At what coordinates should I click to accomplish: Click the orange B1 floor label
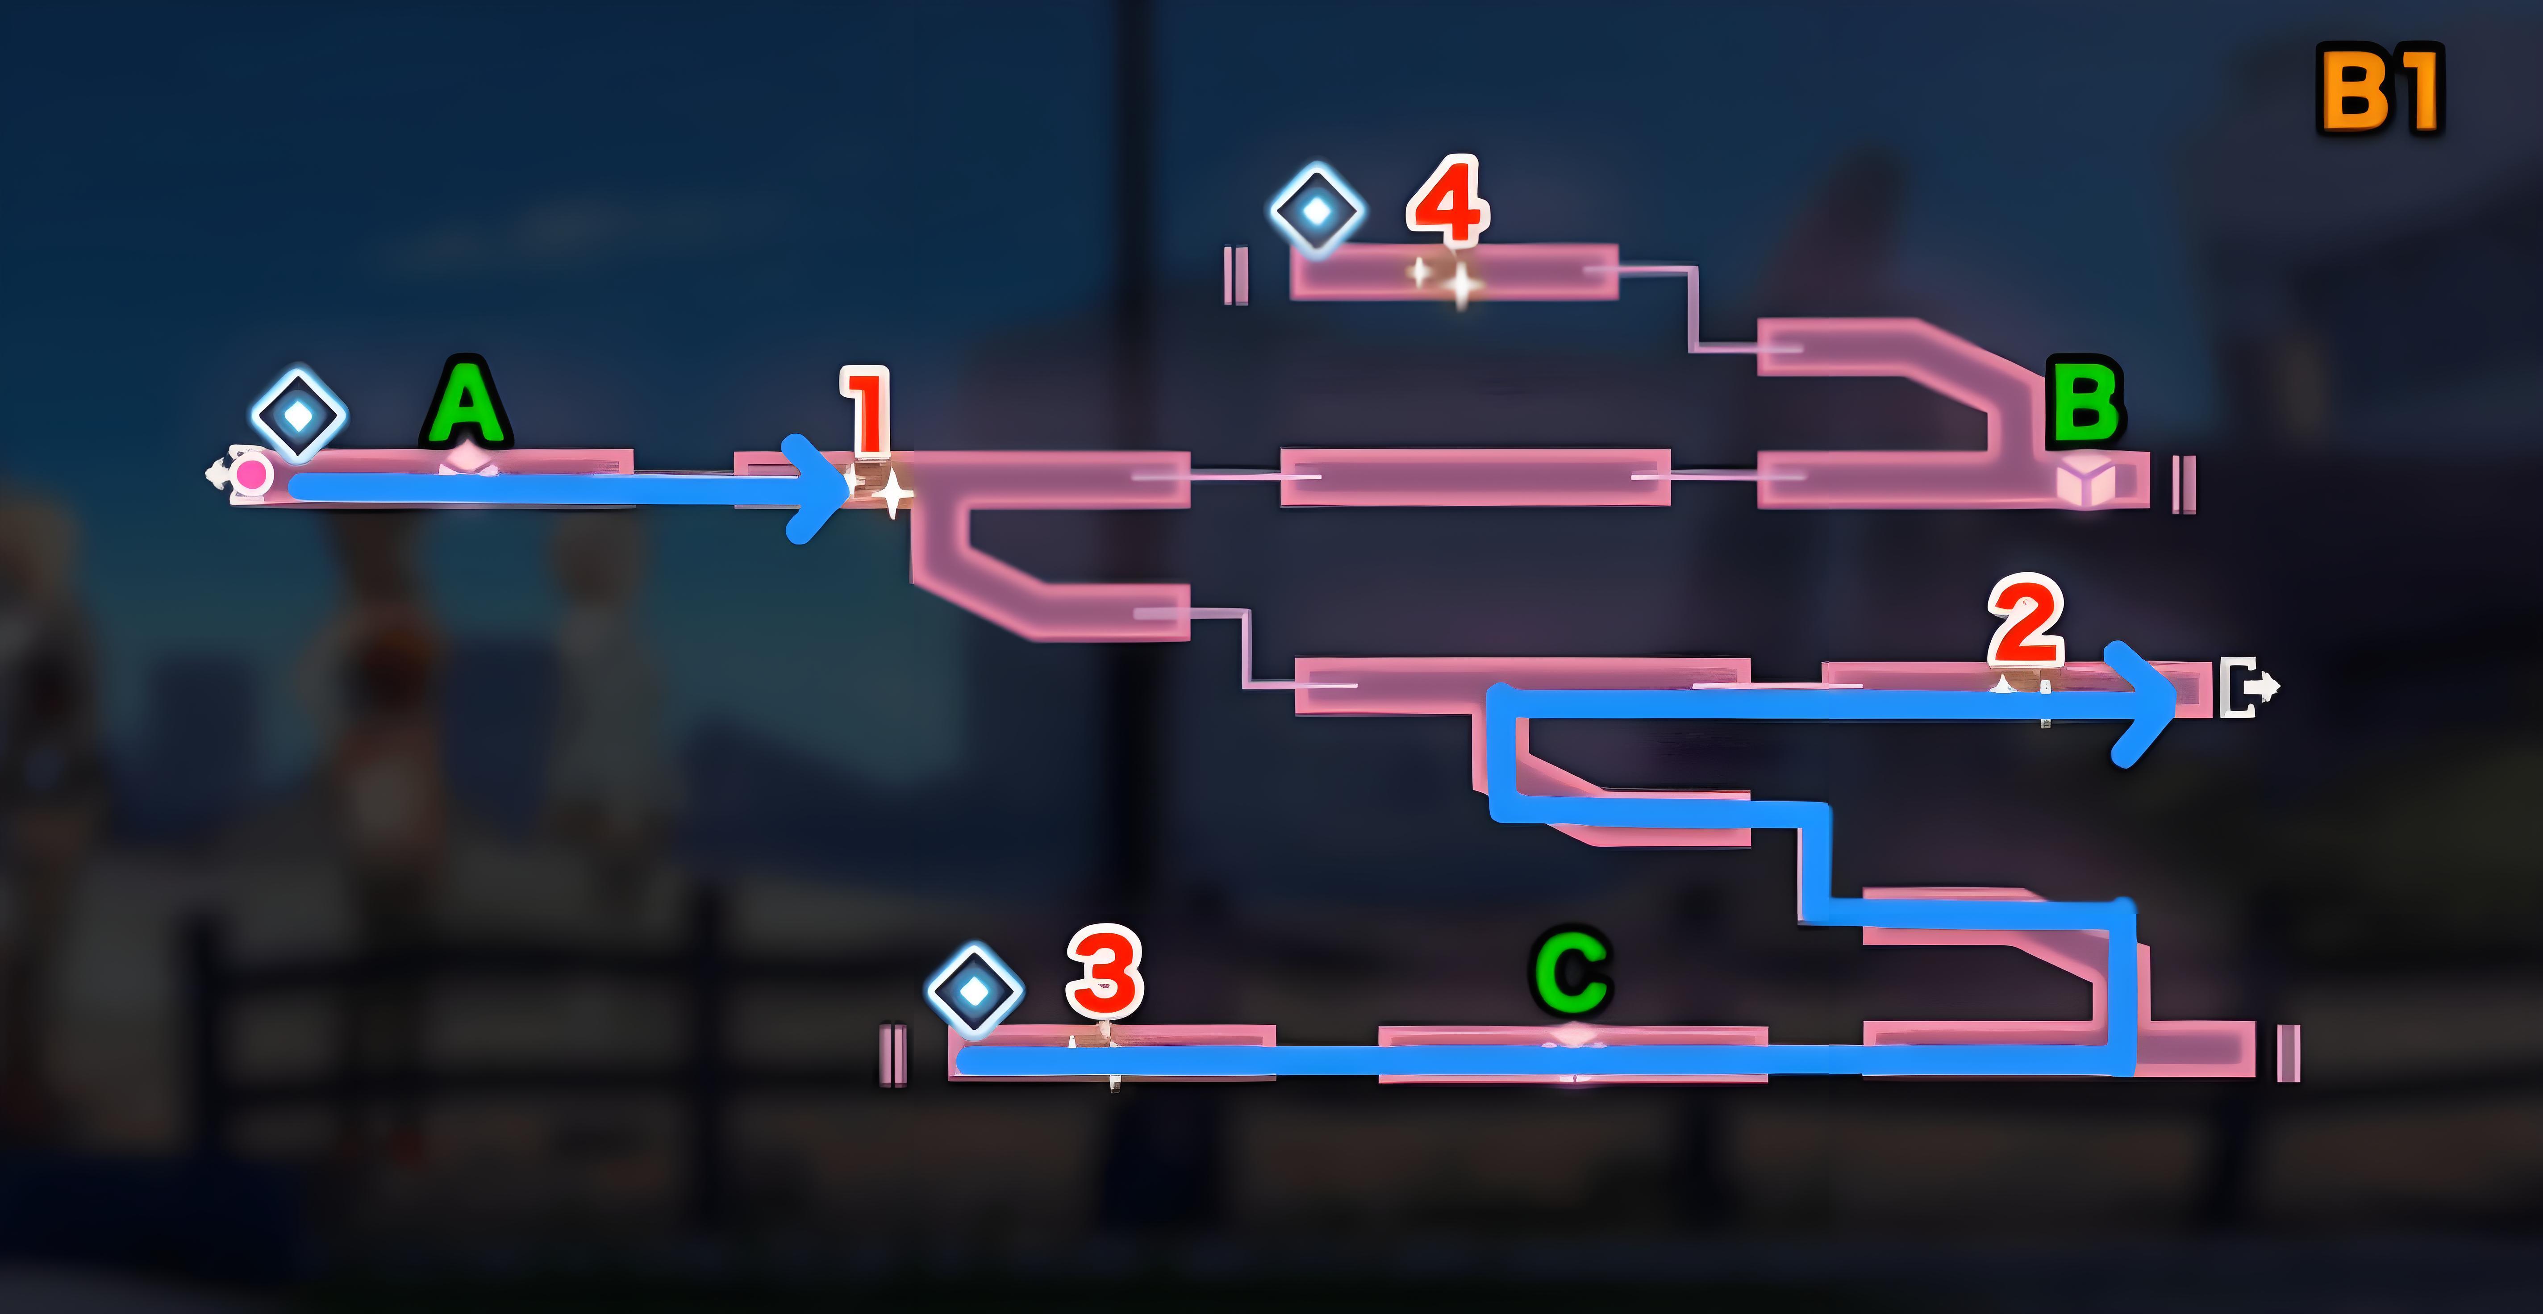point(2379,91)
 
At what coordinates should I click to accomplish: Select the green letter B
point(2085,403)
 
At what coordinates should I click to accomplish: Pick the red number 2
point(2026,622)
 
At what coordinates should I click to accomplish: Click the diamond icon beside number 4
point(1317,210)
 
